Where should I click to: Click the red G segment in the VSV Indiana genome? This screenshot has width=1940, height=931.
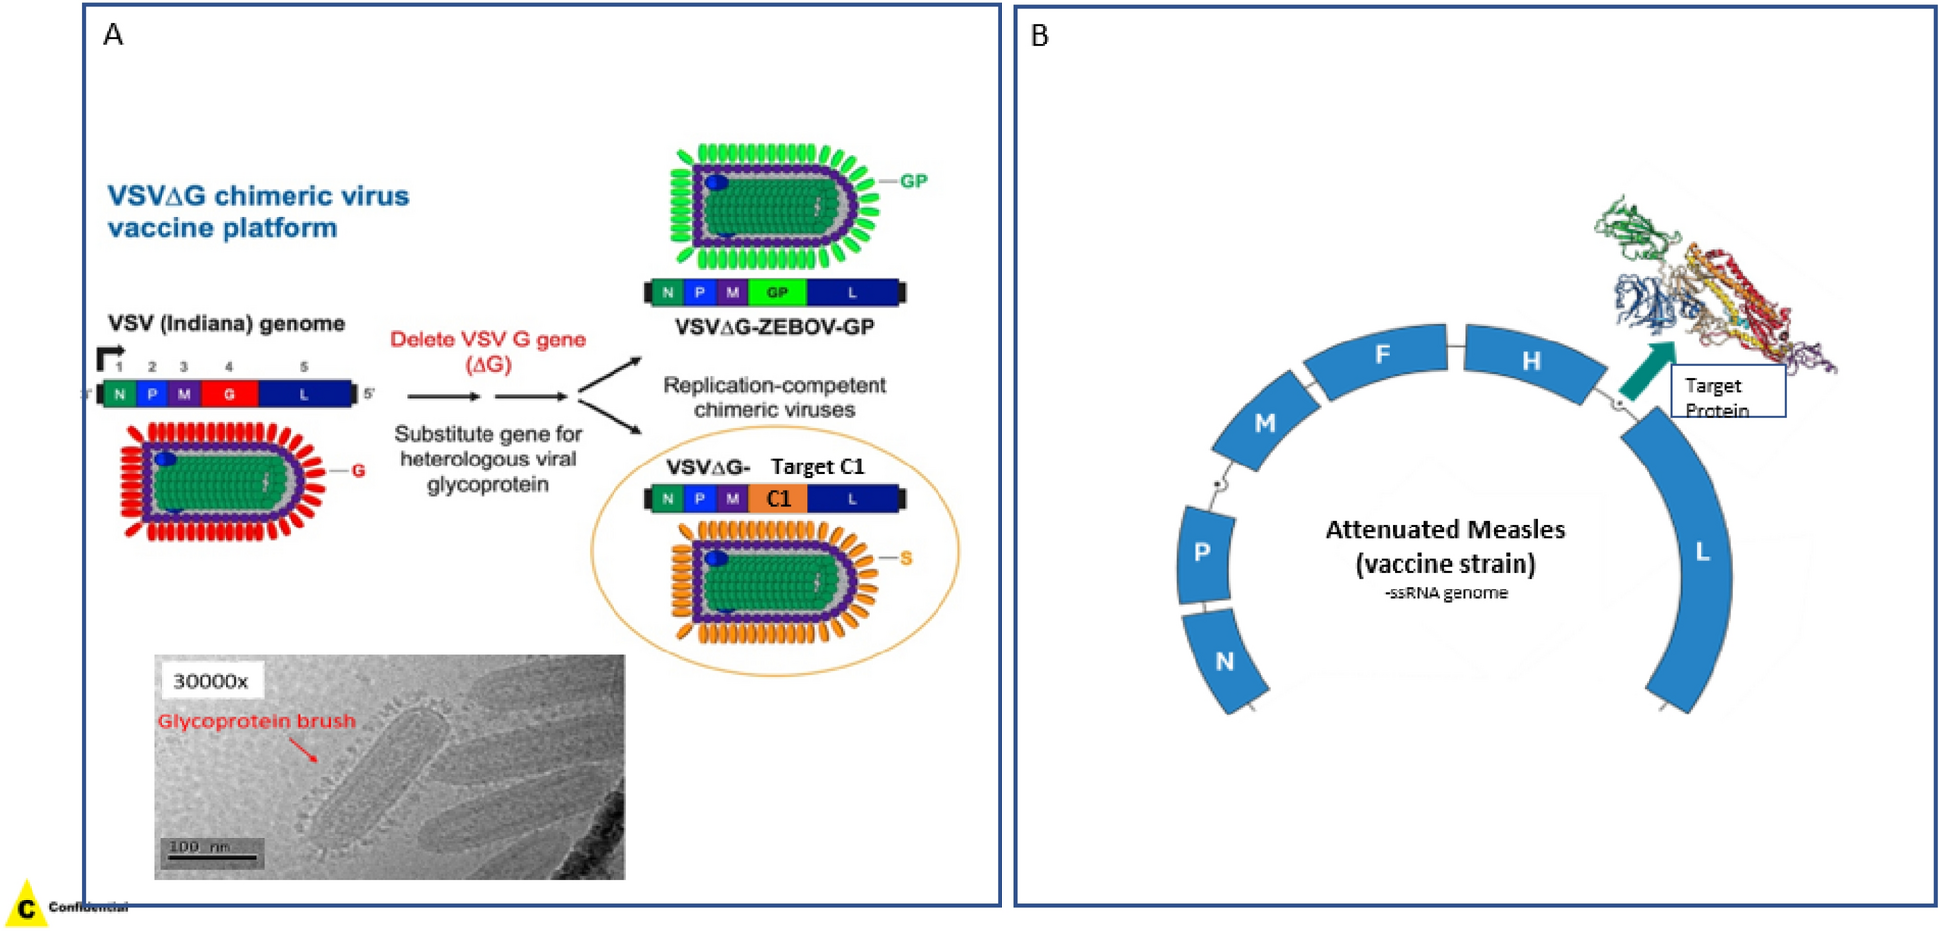click(x=228, y=394)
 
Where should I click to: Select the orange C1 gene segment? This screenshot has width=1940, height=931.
click(x=778, y=499)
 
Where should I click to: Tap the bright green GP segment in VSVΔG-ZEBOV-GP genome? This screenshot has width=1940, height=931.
click(x=777, y=292)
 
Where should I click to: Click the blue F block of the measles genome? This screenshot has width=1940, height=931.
click(x=1381, y=357)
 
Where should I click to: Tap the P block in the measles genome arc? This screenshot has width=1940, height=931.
click(x=1202, y=553)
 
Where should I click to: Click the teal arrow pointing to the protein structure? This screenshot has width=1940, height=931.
click(x=1648, y=370)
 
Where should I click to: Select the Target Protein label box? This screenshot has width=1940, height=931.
click(x=1727, y=393)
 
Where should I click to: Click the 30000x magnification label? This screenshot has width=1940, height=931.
click(x=210, y=681)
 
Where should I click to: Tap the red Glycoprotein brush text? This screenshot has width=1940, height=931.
click(x=256, y=721)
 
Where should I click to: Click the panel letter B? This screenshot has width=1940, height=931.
click(x=1039, y=36)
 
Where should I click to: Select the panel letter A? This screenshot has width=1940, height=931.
click(x=113, y=35)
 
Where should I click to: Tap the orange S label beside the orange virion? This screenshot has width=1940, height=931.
click(x=906, y=559)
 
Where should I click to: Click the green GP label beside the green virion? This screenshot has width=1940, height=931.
click(x=913, y=181)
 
